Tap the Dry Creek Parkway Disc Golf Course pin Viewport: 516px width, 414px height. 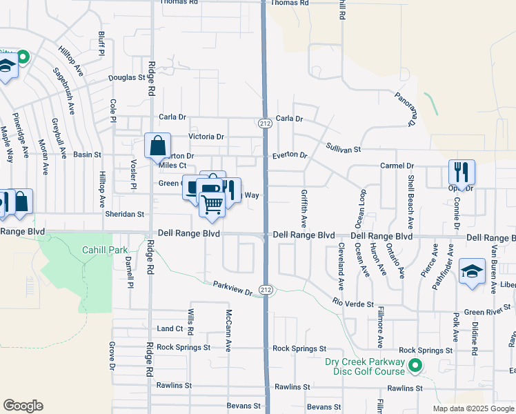click(x=415, y=365)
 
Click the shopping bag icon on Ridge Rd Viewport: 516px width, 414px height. click(x=157, y=146)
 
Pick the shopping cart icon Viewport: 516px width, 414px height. click(x=212, y=203)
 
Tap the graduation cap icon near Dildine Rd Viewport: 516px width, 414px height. click(x=473, y=270)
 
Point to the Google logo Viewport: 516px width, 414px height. click(x=23, y=406)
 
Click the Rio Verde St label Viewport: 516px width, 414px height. click(x=353, y=304)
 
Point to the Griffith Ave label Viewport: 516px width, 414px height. click(x=304, y=209)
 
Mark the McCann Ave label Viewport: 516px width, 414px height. click(x=227, y=329)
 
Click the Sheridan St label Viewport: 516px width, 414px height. click(x=124, y=215)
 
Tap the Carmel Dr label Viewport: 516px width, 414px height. click(x=397, y=166)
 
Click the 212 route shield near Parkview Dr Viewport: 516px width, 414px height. click(x=266, y=290)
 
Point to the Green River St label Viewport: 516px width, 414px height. click(x=487, y=312)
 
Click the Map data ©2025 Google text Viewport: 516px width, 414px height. click(x=473, y=408)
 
